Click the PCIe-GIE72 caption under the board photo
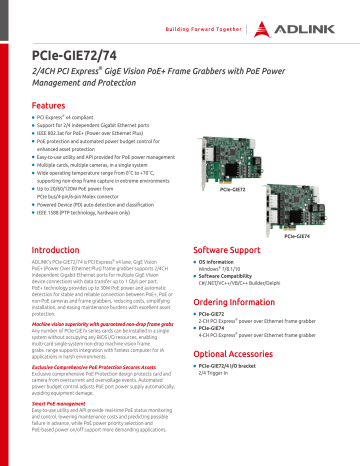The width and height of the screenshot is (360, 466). tap(232, 189)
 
